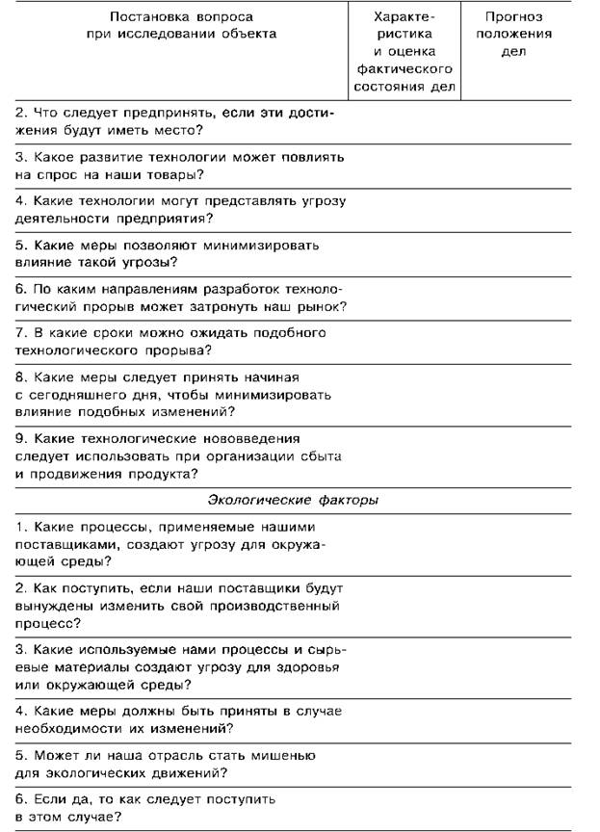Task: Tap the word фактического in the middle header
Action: tap(404, 69)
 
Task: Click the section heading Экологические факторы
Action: tap(293, 500)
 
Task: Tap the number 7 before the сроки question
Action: tap(20, 332)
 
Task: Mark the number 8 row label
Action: tap(20, 377)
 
